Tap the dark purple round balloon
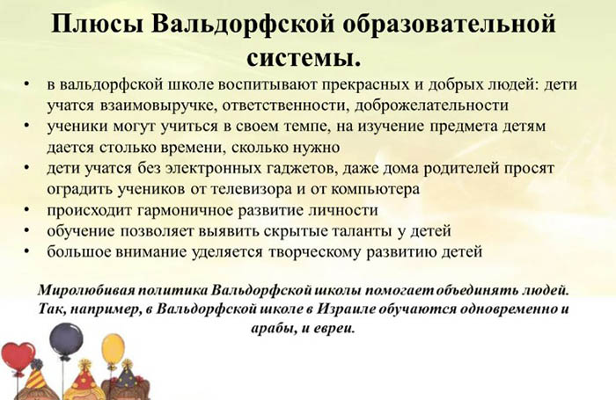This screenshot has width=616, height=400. click(x=66, y=339)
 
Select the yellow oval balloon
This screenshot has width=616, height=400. click(x=113, y=349)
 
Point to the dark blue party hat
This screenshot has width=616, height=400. click(x=126, y=378)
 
